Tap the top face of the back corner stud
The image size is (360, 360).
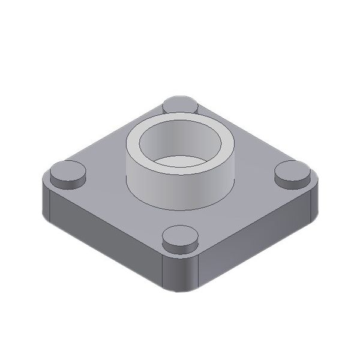[181, 103]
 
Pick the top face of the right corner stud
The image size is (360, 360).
[292, 170]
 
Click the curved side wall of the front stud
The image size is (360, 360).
[181, 247]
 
